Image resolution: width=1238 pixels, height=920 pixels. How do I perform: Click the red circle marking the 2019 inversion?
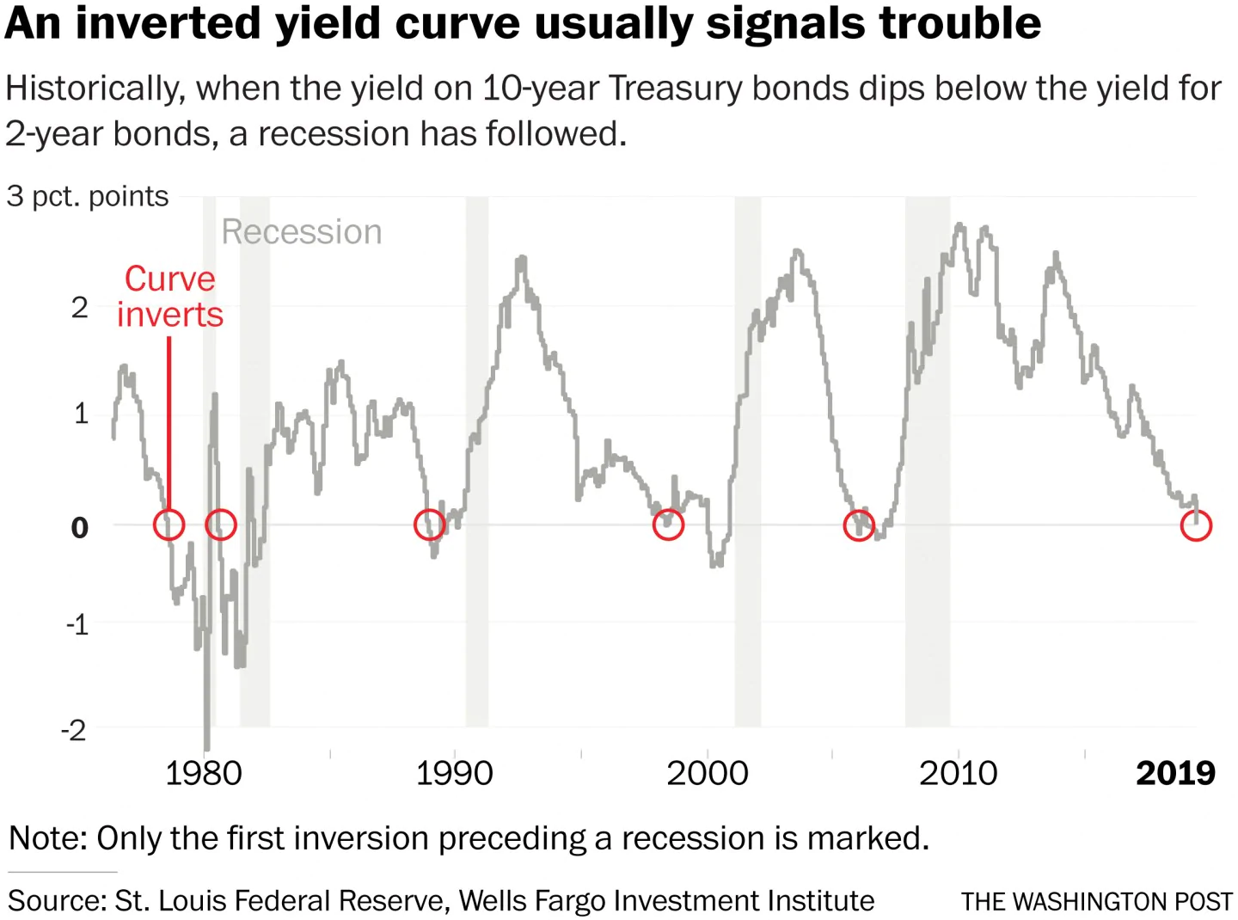1196,524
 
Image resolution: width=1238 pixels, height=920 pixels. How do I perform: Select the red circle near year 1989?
429,524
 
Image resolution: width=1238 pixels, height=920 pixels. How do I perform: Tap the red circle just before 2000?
668,524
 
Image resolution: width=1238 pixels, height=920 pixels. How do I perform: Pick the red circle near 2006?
859,524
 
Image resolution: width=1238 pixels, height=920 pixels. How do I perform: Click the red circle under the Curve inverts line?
169,524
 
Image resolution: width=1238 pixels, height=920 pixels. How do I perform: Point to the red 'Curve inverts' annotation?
170,297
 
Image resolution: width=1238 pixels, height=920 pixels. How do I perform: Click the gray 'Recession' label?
302,232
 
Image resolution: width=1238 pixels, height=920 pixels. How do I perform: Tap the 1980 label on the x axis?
203,773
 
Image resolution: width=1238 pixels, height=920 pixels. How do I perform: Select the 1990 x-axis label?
454,773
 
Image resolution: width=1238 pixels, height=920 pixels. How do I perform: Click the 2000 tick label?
707,773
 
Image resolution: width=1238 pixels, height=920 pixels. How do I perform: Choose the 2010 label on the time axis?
958,773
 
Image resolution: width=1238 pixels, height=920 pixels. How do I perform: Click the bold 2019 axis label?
1175,773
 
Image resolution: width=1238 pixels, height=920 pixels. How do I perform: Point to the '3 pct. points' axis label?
88,196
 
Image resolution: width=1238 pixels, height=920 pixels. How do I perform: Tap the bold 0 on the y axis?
79,526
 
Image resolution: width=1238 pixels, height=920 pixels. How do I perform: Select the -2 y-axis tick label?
74,730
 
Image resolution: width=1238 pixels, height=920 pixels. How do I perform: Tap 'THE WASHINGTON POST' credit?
1097,901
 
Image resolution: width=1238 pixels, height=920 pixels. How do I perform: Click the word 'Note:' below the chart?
48,837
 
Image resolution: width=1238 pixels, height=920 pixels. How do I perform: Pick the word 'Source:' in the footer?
57,900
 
